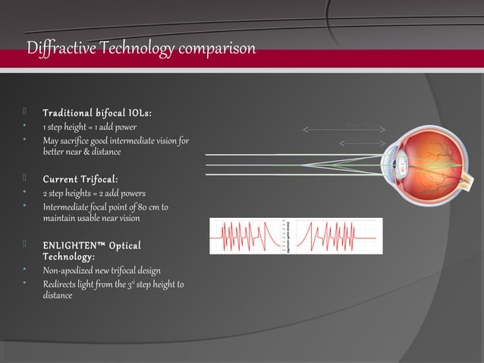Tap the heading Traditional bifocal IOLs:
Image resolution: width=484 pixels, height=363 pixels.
pyautogui.click(x=97, y=113)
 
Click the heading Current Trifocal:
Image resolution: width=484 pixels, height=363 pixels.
pyautogui.click(x=80, y=179)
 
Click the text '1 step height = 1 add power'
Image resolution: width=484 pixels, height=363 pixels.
pyautogui.click(x=90, y=127)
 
